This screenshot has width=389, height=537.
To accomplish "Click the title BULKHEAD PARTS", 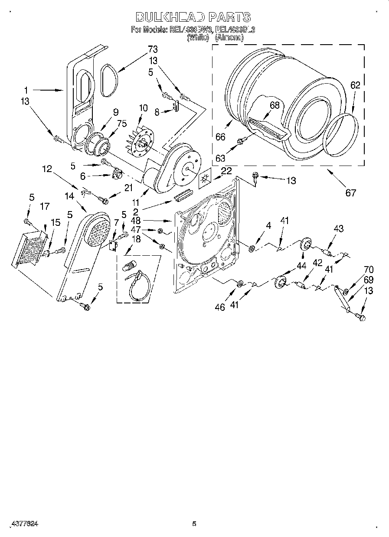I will point(193,17).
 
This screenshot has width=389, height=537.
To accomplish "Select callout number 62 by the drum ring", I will point(355,85).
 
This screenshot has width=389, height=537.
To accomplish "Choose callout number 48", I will point(136,221).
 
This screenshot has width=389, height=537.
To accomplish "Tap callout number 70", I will point(356,270).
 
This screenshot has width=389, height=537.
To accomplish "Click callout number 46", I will point(220,307).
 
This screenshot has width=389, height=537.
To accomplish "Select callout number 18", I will point(136,240).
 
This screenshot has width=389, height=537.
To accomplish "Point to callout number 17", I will point(45,207).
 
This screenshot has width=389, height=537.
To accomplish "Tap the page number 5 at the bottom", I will point(194,524).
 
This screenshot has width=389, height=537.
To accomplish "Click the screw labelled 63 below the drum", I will point(242,140).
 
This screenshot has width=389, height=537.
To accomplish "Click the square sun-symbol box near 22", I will point(205,179).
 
